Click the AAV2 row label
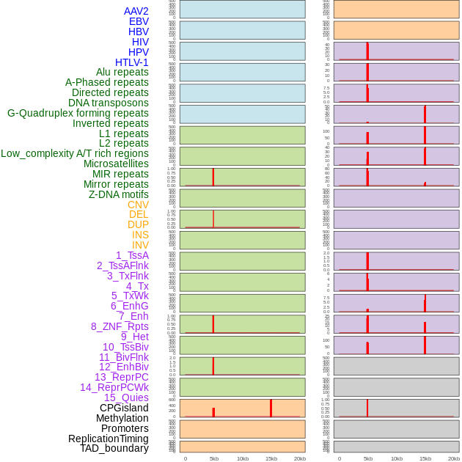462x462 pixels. coord(136,11)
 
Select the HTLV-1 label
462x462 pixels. coord(131,62)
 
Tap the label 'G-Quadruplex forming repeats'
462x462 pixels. coord(78,113)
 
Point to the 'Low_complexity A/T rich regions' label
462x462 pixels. coord(75,153)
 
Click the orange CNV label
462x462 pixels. coord(138,205)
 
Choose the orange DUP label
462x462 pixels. coord(138,224)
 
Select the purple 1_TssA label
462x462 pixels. coord(132,255)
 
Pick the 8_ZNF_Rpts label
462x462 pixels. coord(120,326)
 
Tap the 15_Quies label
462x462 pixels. coord(126,397)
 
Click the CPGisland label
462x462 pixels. coord(124,408)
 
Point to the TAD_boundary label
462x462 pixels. coord(114,448)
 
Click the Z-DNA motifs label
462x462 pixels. coord(118,194)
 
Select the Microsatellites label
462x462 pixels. coord(116,164)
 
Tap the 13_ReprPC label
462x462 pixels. coord(121,377)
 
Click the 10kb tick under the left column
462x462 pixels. coord(243,458)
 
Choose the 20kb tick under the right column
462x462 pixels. coord(454,458)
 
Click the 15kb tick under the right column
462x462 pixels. coord(425,458)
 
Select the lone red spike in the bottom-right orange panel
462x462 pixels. coord(367,408)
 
